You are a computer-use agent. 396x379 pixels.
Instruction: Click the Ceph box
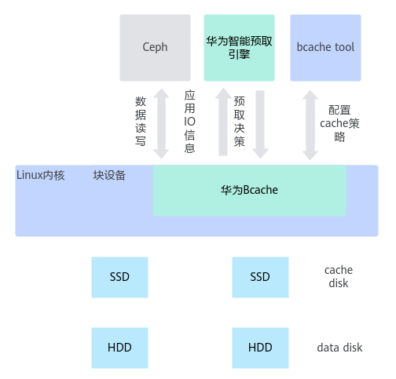point(155,48)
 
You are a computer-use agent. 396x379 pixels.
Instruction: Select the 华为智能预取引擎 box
point(239,48)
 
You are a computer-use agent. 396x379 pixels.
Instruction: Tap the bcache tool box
point(325,48)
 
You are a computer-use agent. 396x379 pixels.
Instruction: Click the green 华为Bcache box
point(249,191)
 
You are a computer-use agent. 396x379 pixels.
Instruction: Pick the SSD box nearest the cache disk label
point(260,277)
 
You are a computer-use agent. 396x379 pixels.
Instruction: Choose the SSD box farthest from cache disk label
point(119,277)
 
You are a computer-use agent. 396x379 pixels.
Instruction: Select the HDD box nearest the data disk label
point(260,348)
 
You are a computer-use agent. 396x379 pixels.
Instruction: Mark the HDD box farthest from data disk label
point(119,348)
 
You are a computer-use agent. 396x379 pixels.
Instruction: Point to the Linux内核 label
point(40,175)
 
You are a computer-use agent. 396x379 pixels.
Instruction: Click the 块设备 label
point(109,175)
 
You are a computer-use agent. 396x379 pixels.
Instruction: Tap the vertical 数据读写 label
point(141,121)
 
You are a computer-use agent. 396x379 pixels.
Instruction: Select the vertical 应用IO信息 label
point(189,122)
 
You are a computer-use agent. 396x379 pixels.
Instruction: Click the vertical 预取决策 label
point(239,121)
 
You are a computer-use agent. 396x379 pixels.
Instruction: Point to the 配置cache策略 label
point(339,123)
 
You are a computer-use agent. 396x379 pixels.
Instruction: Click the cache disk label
point(339,276)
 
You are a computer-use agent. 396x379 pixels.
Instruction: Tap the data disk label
point(339,348)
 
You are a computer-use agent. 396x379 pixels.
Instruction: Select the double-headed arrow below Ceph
point(161,123)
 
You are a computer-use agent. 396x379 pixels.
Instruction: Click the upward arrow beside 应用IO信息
point(223,122)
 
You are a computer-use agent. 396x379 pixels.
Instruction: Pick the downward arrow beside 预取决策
point(260,125)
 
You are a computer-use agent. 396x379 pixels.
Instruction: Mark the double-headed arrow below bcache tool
point(310,125)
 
